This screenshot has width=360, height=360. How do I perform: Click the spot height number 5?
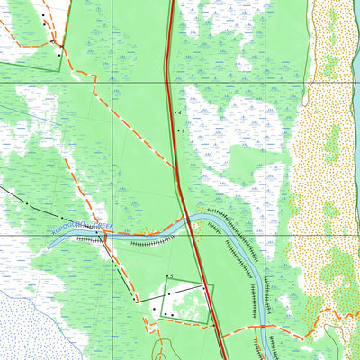tap(171, 274)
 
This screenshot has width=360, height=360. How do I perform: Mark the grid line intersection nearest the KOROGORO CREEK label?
tap(113, 234)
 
